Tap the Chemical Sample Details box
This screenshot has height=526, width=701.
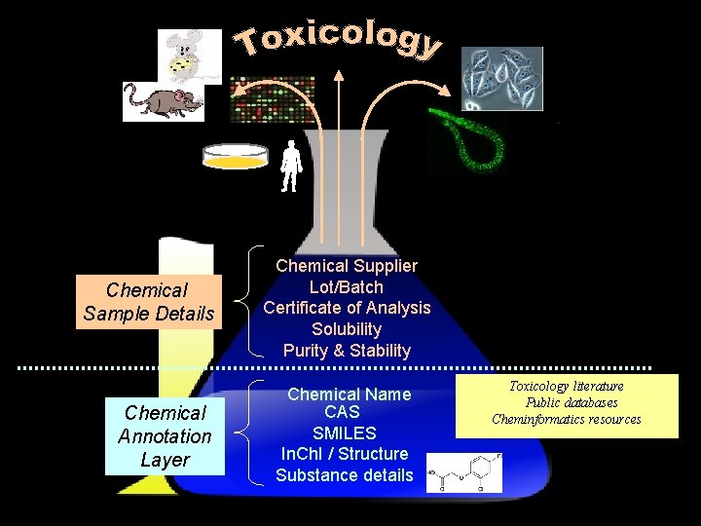click(148, 302)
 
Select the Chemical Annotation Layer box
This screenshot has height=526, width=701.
click(165, 436)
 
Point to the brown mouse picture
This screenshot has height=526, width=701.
click(163, 100)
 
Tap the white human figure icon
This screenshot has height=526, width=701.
click(289, 167)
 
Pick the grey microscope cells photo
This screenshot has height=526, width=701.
click(501, 78)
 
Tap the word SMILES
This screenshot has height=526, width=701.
click(344, 433)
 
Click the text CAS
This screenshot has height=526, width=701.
click(342, 413)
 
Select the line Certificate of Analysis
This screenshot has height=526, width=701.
click(347, 308)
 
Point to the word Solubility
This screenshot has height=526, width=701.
click(347, 329)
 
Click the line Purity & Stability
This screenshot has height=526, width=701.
click(347, 351)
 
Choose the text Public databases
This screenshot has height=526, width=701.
click(571, 402)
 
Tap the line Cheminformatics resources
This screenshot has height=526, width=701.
click(567, 419)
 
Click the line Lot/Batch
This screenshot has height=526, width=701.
click(347, 287)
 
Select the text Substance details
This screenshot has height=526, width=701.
click(344, 475)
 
